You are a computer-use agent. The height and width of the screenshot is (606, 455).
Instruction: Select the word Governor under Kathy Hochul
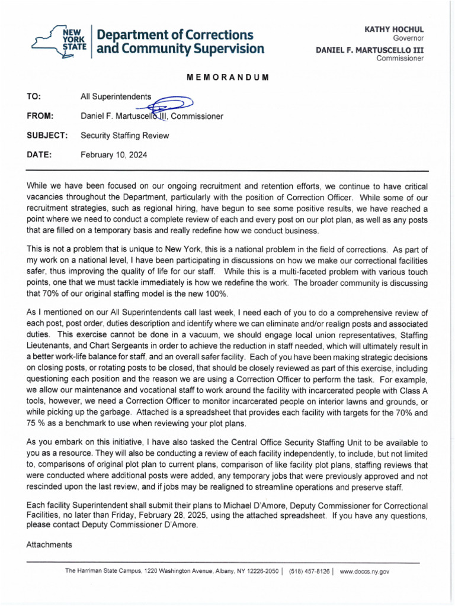(409, 38)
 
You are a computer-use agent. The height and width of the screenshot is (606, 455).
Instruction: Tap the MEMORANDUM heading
(227, 78)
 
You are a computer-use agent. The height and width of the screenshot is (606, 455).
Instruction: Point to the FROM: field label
(40, 116)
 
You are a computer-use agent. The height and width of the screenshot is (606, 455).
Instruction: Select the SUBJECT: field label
(47, 136)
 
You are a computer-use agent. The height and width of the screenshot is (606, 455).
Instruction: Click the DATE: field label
(40, 155)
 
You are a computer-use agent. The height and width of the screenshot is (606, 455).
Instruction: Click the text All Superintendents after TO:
(116, 96)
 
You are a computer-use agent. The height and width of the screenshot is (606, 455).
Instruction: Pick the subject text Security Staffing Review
(124, 136)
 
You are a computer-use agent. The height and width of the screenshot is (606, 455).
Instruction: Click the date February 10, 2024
(114, 155)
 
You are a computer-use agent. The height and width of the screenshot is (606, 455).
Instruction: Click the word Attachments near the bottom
(49, 544)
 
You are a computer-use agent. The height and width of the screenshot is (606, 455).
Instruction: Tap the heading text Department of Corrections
(175, 34)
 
